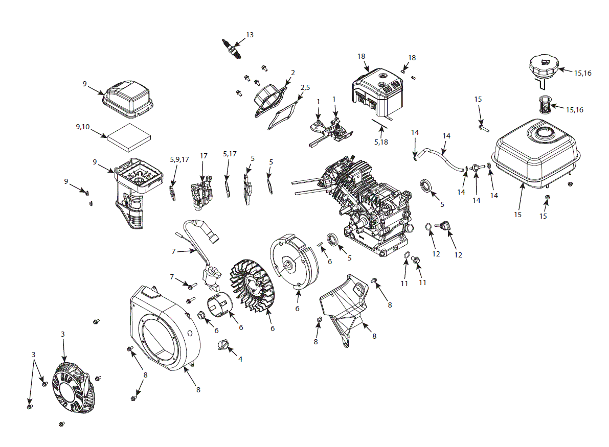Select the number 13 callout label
(x=250, y=35)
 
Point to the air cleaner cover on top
(x=128, y=97)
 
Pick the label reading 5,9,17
(x=179, y=159)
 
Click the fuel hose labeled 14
(x=442, y=157)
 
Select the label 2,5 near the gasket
(x=305, y=88)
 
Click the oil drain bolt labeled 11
(x=416, y=261)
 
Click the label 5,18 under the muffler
(x=381, y=142)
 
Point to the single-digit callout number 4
(x=240, y=359)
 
